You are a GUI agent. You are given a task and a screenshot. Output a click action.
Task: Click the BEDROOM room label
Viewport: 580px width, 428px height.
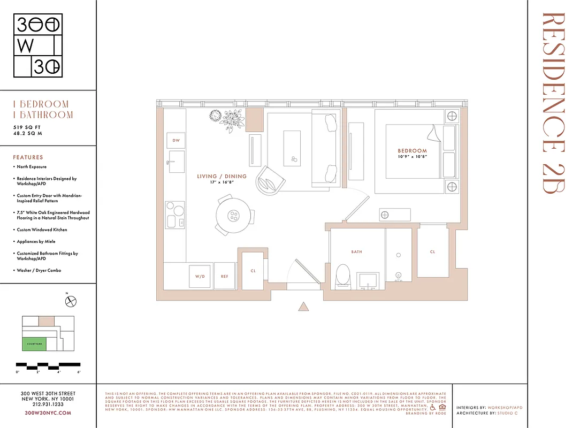(412, 151)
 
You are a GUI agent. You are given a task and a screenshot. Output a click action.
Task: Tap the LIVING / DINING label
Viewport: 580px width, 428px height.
(222, 176)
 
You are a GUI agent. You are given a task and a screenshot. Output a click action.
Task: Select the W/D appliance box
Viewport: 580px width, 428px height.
(200, 277)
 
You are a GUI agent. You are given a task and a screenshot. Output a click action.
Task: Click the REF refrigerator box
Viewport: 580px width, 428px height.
(225, 277)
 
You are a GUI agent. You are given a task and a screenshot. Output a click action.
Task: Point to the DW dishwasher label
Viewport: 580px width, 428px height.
(175, 140)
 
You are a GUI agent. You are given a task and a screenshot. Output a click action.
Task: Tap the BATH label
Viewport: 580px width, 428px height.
(357, 251)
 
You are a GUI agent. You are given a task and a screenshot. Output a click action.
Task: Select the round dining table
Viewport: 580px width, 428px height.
(233, 216)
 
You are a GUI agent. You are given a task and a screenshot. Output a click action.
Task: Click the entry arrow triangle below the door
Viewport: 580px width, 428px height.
(303, 307)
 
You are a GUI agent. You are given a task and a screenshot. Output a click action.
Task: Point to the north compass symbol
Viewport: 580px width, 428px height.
(71, 302)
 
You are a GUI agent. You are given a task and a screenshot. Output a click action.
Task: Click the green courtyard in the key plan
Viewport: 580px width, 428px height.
(34, 343)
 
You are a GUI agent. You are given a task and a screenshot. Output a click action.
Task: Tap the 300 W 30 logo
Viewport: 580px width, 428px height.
(38, 45)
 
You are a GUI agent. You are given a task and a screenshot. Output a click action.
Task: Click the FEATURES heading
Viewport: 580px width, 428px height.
(28, 157)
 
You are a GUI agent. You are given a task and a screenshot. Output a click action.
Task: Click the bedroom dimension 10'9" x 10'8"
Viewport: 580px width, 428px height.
(412, 157)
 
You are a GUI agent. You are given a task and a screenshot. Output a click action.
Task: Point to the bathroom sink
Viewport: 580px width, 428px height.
(368, 280)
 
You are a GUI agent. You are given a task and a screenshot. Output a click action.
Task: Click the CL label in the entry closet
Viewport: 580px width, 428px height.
(253, 271)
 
